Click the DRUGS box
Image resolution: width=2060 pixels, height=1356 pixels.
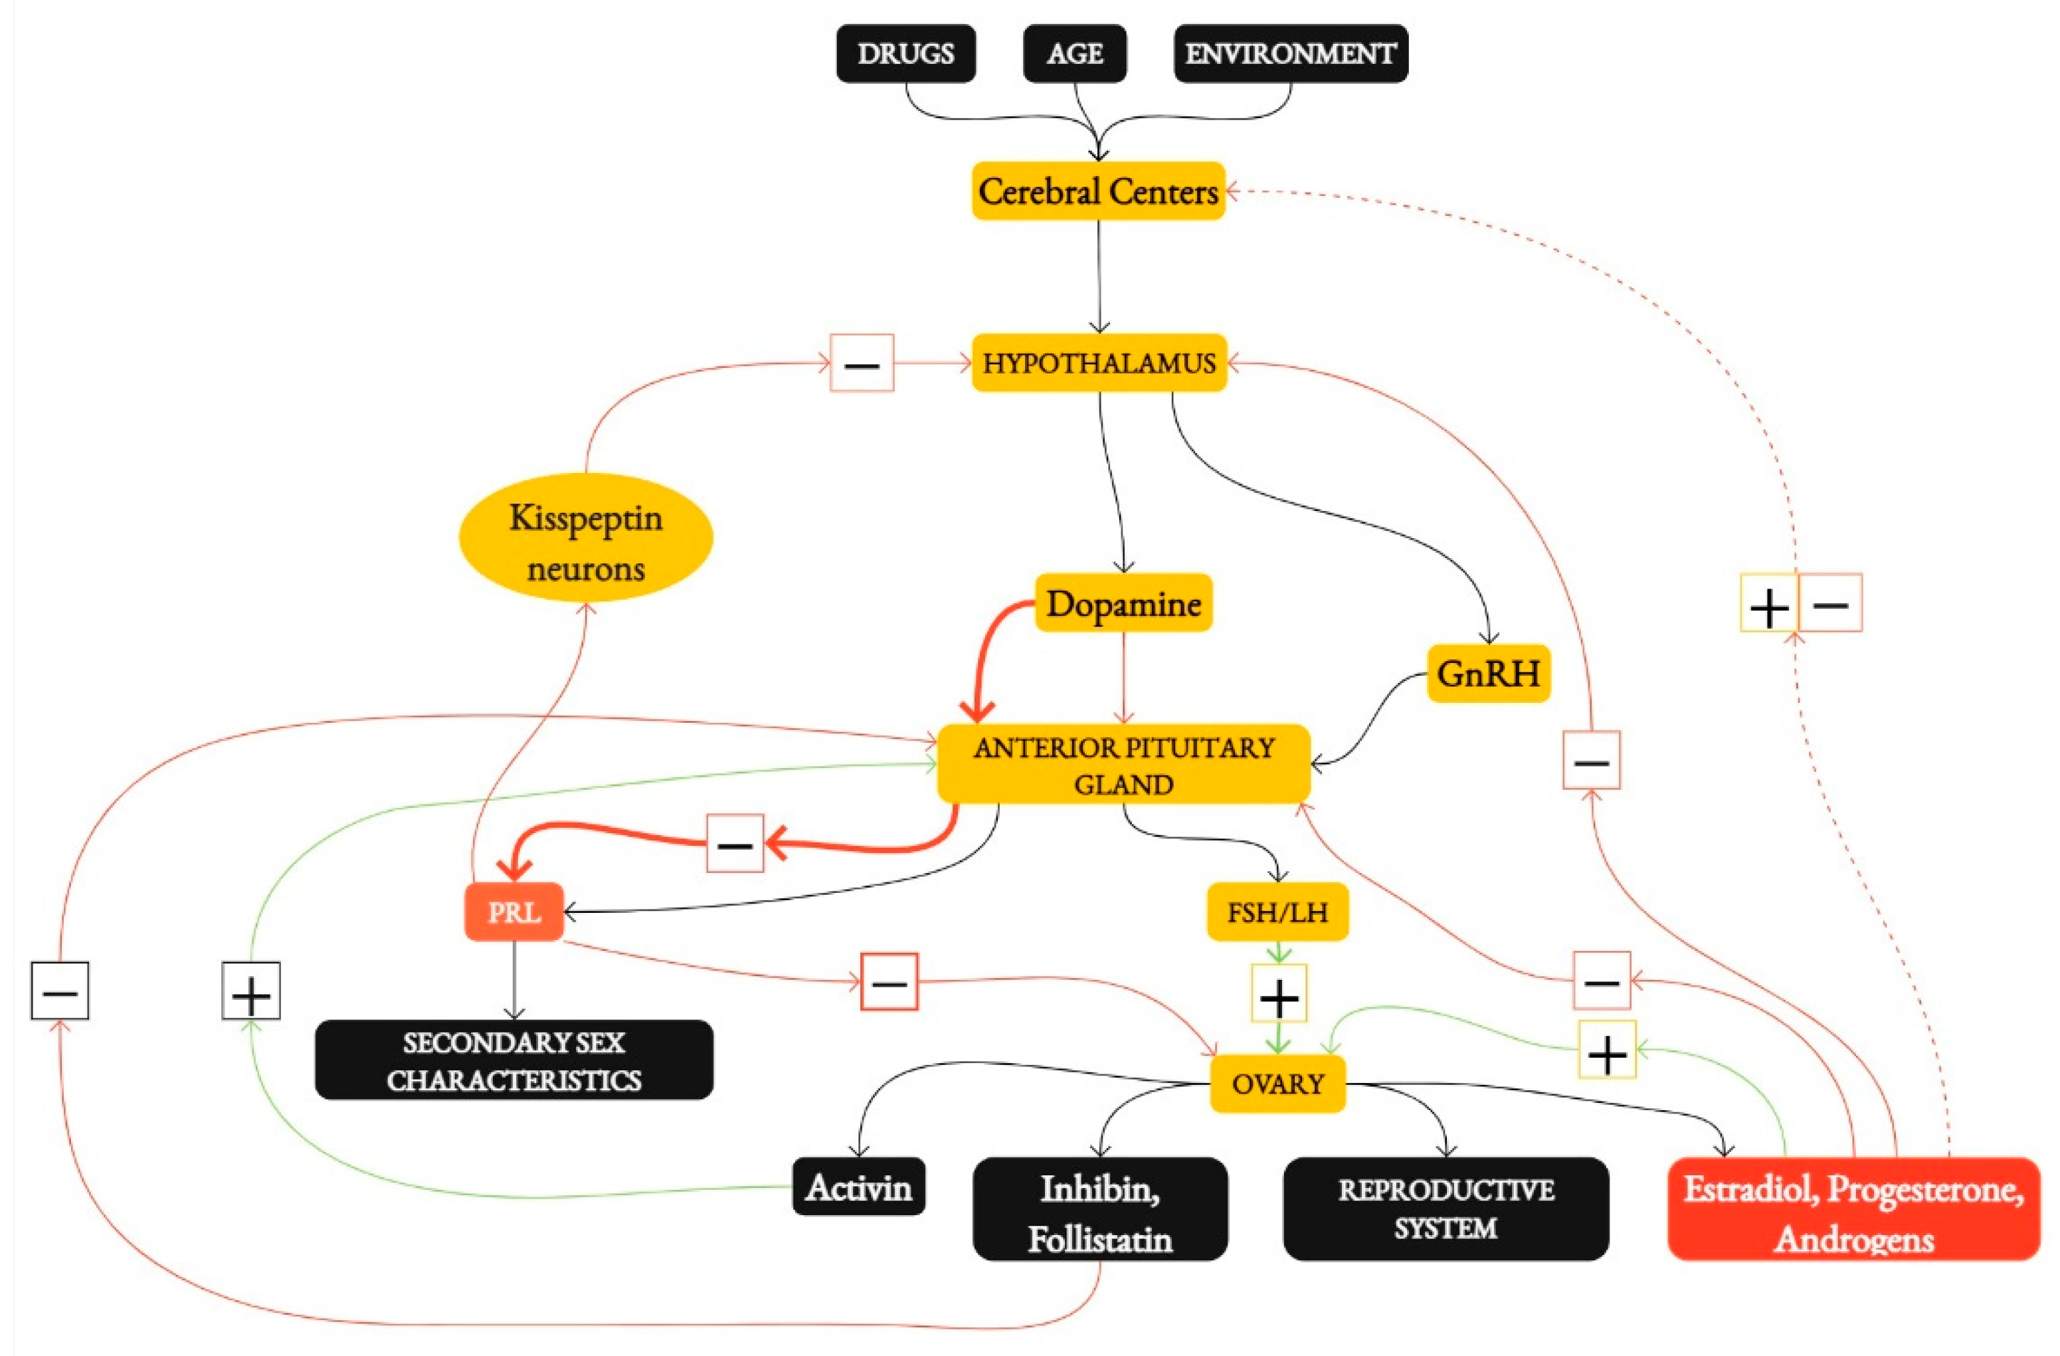click(x=905, y=54)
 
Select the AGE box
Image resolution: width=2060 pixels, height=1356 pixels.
click(x=1074, y=54)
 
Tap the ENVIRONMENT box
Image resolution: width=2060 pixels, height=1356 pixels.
click(x=1289, y=54)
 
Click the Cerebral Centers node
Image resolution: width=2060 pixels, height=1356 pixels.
click(x=1097, y=191)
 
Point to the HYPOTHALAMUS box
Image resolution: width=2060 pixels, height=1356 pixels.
click(x=1098, y=363)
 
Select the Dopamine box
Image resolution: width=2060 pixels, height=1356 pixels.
click(x=1123, y=603)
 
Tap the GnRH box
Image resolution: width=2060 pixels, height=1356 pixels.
click(x=1488, y=673)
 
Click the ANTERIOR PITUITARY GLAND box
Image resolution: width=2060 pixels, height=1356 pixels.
click(x=1123, y=765)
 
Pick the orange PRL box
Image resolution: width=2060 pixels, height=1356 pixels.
click(x=514, y=912)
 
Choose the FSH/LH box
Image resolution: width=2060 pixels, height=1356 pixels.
click(x=1277, y=912)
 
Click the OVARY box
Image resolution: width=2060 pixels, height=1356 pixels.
click(x=1277, y=1083)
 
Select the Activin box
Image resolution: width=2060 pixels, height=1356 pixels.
click(x=859, y=1187)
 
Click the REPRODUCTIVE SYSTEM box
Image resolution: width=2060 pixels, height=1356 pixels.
click(x=1446, y=1209)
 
